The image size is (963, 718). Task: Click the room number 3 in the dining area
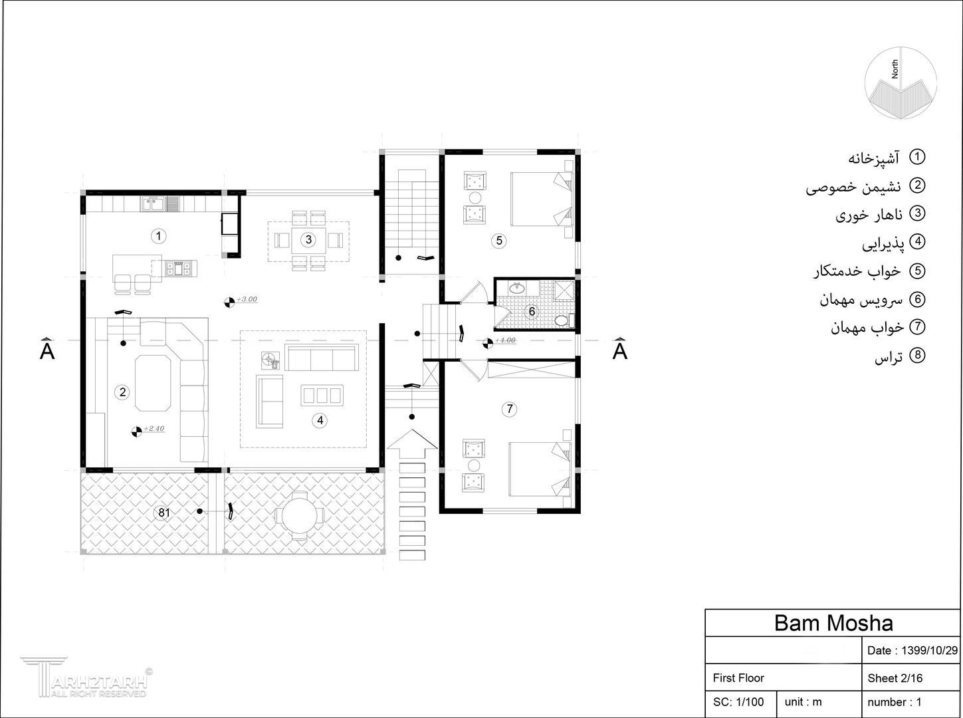[308, 239]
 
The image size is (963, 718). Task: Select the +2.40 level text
[154, 429]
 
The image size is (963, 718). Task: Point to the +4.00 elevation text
[505, 340]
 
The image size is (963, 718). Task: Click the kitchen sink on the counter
[153, 203]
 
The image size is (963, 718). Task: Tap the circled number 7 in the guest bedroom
[509, 409]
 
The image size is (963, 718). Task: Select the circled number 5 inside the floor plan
[499, 241]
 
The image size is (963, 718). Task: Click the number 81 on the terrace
[164, 513]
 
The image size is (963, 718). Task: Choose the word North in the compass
[895, 69]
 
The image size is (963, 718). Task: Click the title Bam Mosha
[833, 623]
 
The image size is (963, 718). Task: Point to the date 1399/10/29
[929, 650]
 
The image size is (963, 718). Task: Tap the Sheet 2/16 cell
[895, 678]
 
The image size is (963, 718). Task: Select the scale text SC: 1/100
[738, 702]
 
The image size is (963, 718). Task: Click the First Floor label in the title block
[738, 678]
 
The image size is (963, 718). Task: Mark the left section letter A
[47, 350]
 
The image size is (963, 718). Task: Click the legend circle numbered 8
[917, 355]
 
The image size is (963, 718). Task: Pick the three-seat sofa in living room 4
[322, 357]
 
